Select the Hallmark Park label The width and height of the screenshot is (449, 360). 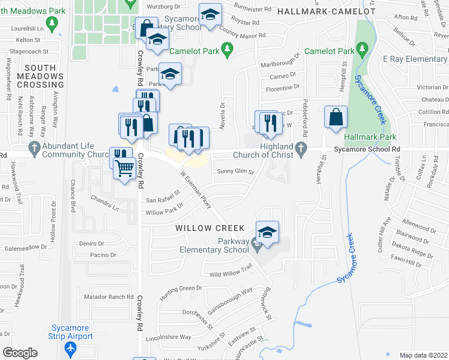367,137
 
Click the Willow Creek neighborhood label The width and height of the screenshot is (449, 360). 210,229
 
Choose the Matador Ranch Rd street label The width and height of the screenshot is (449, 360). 109,296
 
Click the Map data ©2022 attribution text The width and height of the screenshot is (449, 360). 423,355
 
